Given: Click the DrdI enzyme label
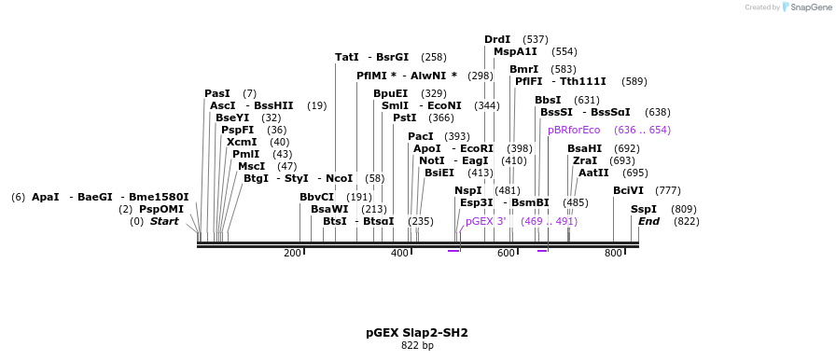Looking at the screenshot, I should (497, 39).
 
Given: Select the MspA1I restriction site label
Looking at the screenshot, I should (515, 52).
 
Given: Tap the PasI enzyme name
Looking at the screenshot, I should (216, 93).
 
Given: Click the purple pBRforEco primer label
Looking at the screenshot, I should (574, 130).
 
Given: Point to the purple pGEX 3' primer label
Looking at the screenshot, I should (485, 221).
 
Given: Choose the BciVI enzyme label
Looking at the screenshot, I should (628, 190).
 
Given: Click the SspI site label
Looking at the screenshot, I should (643, 209).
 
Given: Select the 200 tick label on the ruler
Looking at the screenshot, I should (292, 254).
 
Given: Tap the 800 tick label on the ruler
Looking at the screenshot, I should (613, 254).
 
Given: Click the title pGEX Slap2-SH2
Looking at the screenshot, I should (417, 332).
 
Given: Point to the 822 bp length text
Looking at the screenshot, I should (417, 346).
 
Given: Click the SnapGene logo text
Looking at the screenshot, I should (809, 7).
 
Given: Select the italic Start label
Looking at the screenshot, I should (164, 221).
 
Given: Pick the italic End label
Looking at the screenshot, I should (648, 221).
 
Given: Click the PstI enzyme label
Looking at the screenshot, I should (404, 118).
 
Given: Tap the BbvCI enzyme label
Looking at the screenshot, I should (316, 197).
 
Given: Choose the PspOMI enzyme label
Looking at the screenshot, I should (161, 209).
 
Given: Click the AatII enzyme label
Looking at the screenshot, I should (593, 173).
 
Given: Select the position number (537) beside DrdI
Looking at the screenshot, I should (536, 39).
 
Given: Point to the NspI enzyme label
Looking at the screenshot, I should (467, 190).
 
